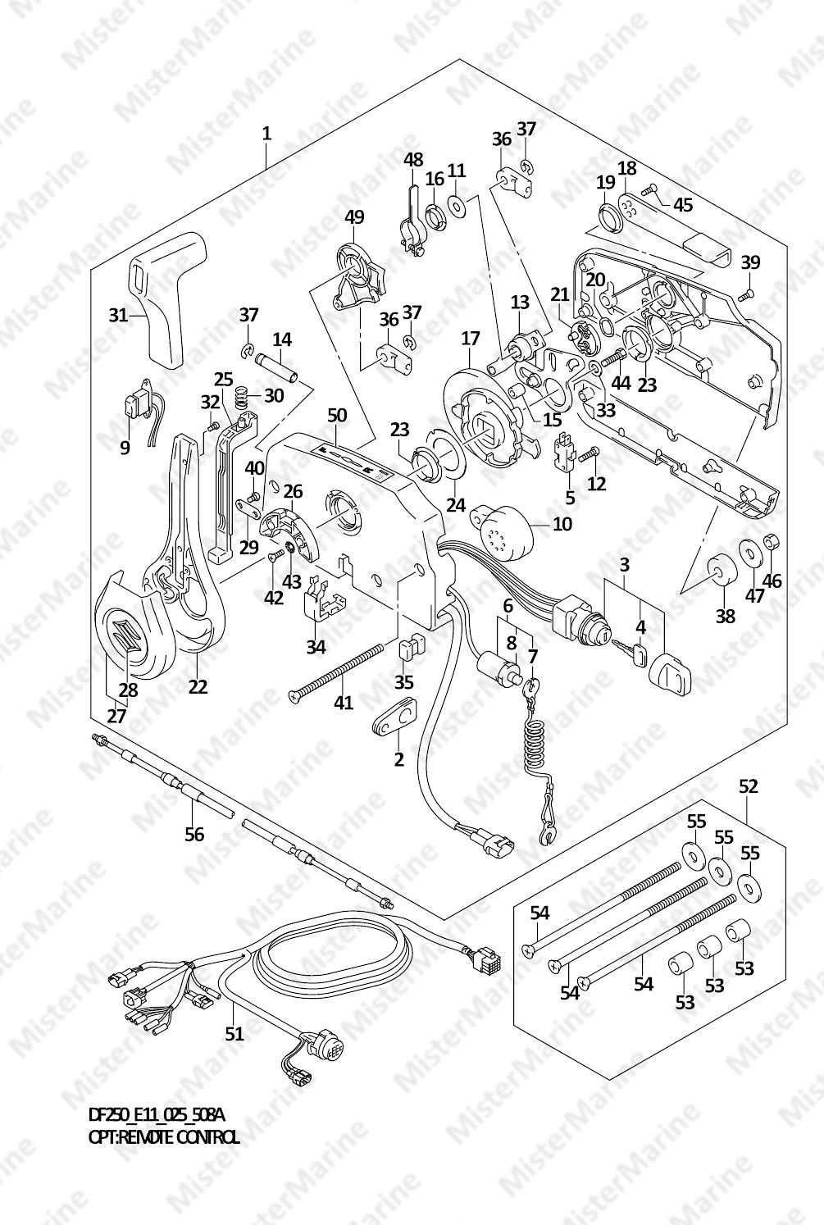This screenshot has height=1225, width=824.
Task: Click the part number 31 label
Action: (x=120, y=314)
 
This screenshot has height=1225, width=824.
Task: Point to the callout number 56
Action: (x=193, y=835)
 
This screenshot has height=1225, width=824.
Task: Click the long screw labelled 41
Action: (x=336, y=672)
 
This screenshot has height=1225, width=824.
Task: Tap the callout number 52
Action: (x=748, y=786)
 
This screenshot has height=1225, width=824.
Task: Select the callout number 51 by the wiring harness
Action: (x=234, y=1033)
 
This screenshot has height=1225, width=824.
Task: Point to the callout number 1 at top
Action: (x=266, y=133)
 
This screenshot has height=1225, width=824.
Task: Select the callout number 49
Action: (x=354, y=217)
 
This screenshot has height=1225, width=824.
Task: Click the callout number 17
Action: (x=470, y=337)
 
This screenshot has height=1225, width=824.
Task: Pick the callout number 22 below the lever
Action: (x=198, y=686)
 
